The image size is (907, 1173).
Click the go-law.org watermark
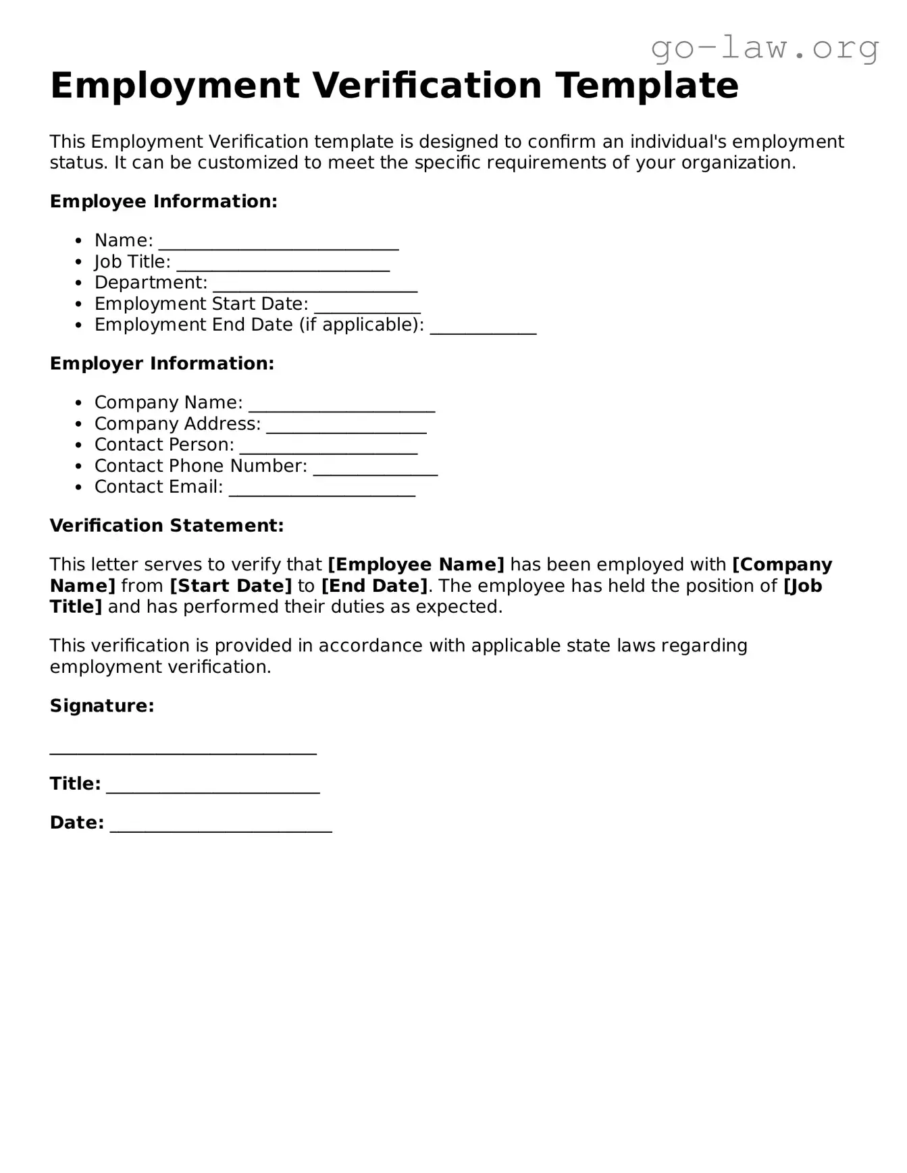click(x=765, y=48)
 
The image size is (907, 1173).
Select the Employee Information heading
click(x=163, y=201)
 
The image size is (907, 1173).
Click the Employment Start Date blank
click(x=367, y=308)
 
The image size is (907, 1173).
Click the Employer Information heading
click(x=162, y=363)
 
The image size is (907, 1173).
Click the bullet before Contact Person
click(x=79, y=445)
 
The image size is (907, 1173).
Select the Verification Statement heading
click(x=167, y=525)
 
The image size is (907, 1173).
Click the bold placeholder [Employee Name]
click(x=416, y=564)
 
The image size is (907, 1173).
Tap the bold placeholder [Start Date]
click(x=231, y=585)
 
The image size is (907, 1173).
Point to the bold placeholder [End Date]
click(x=374, y=585)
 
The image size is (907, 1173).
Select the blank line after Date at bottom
click(x=221, y=827)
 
